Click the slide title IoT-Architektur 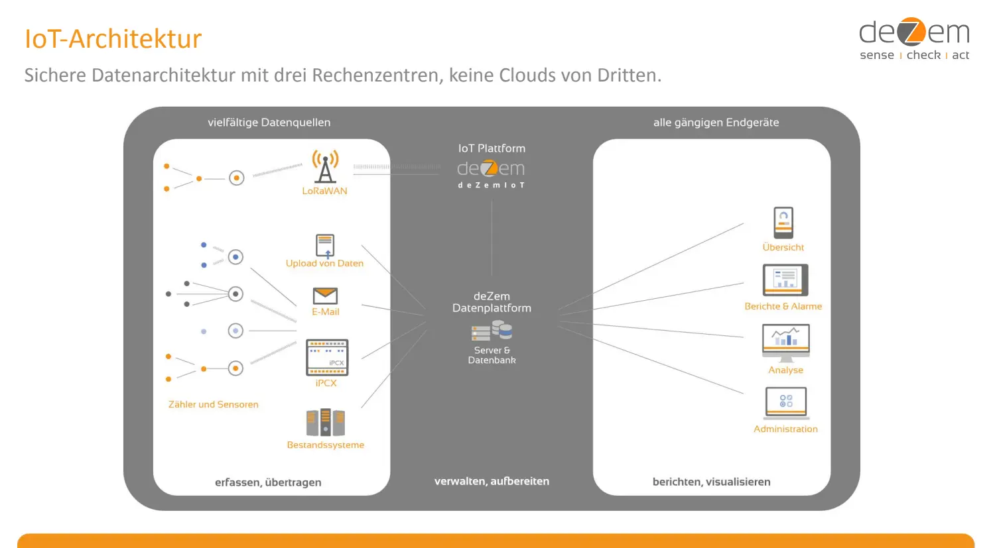point(113,39)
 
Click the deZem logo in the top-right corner point(914,39)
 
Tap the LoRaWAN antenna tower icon point(325,166)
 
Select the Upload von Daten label point(324,263)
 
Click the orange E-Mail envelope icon point(325,296)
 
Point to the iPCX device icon point(326,357)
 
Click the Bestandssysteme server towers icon point(325,422)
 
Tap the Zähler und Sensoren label point(213,404)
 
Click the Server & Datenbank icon point(492,330)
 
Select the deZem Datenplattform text point(492,302)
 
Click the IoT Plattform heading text point(492,148)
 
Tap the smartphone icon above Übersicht point(783,223)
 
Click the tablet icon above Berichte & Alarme point(785,280)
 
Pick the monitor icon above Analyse point(785,341)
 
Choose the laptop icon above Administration point(785,403)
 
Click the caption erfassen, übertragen point(268,482)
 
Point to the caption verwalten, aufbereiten point(492,481)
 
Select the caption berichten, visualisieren point(711,482)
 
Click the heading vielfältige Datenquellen point(269,122)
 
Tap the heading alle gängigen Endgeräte point(716,122)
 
